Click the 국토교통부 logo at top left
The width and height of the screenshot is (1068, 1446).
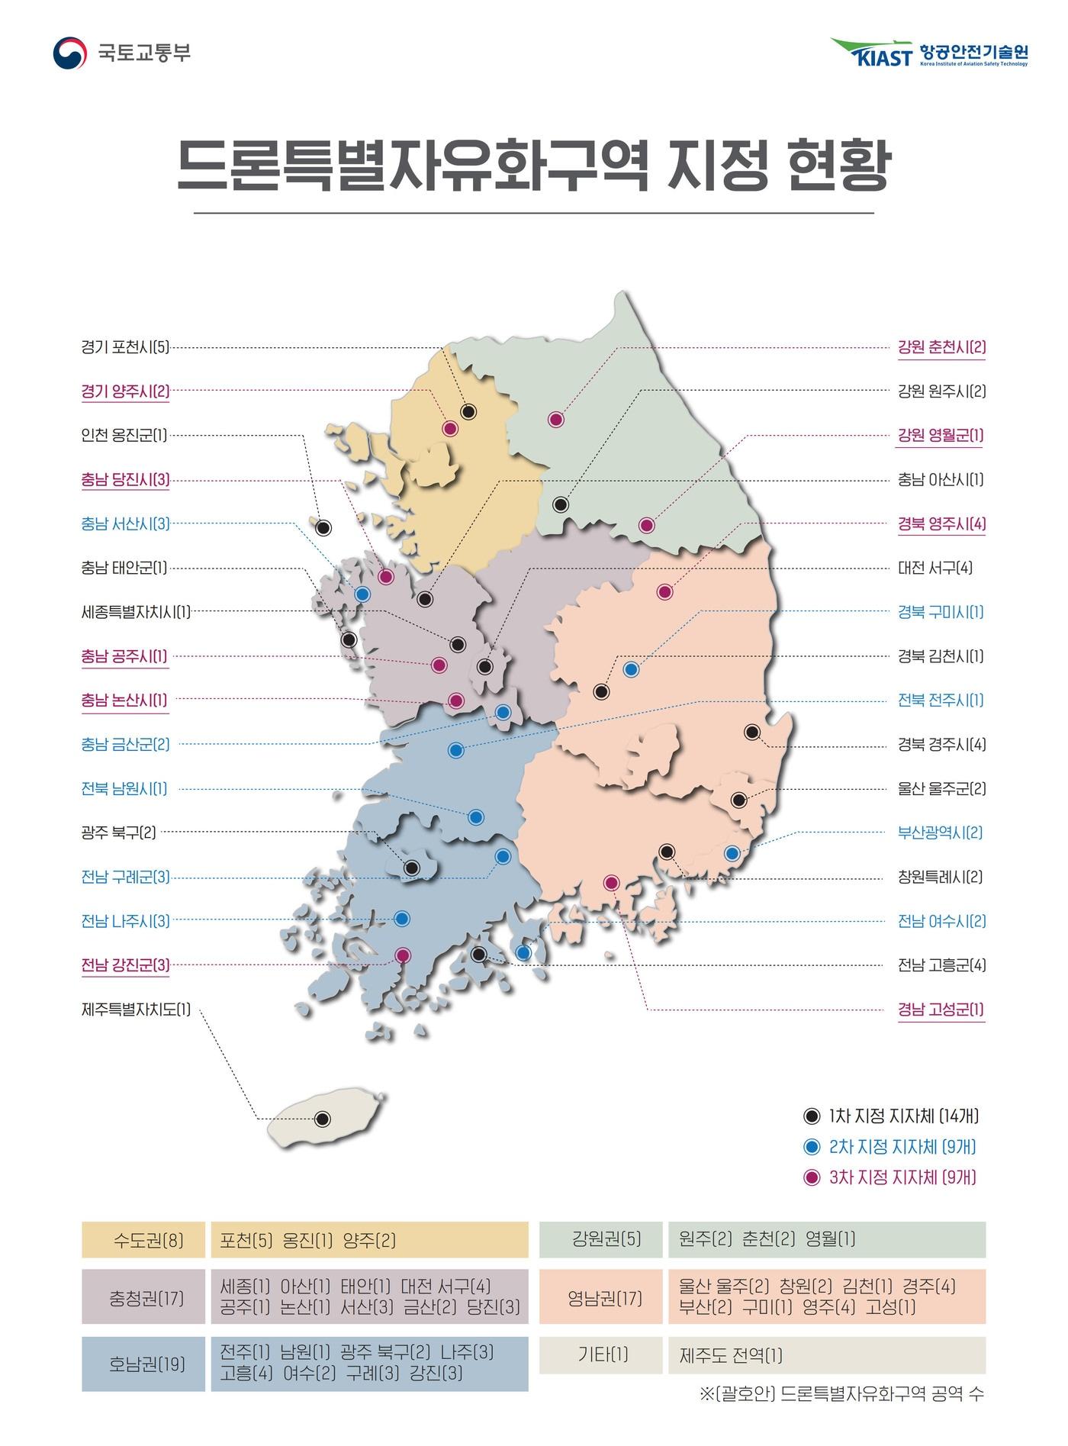[x=122, y=53]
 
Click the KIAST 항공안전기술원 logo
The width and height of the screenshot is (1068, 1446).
[x=929, y=53]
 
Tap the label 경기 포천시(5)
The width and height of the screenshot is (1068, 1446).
[x=125, y=348]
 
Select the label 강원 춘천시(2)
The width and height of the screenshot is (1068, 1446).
[x=941, y=347]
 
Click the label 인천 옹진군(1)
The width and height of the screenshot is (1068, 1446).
[x=124, y=436]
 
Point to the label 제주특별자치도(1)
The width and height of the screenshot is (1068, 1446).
[x=136, y=1010]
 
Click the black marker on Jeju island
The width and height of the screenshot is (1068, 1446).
[x=323, y=1119]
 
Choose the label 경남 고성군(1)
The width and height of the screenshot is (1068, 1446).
[x=941, y=1010]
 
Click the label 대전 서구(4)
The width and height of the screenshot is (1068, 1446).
[x=934, y=568]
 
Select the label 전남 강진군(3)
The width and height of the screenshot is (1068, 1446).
[x=125, y=965]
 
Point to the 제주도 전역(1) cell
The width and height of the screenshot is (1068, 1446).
[x=731, y=1356]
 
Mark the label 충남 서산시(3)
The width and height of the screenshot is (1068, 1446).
[x=125, y=523]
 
